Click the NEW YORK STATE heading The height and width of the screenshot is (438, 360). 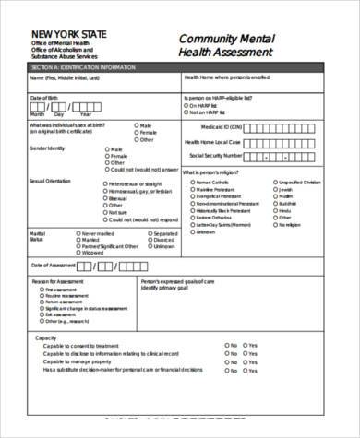[x=68, y=34]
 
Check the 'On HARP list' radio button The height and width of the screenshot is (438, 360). [x=188, y=104]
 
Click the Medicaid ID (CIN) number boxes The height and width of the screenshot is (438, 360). [x=287, y=126]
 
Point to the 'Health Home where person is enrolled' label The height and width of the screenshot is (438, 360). [x=225, y=79]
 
